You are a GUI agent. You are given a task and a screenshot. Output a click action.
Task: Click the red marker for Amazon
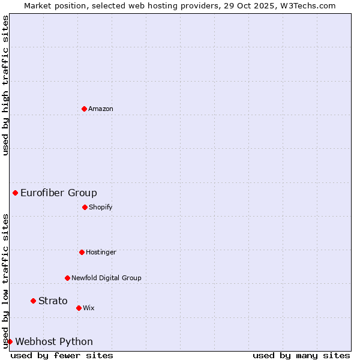click(x=84, y=109)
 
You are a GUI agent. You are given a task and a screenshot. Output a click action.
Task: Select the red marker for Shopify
click(x=85, y=207)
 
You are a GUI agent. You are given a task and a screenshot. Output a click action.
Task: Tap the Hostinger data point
click(x=82, y=252)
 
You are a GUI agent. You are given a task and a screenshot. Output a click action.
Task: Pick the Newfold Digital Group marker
click(x=67, y=278)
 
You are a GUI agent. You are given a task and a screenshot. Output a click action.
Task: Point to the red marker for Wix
click(x=79, y=308)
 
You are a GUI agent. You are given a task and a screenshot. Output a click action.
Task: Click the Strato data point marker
click(x=34, y=301)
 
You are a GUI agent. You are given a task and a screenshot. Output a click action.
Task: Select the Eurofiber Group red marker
click(x=16, y=193)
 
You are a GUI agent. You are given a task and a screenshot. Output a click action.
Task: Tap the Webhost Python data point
click(x=10, y=341)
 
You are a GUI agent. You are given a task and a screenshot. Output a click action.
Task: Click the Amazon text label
click(x=101, y=109)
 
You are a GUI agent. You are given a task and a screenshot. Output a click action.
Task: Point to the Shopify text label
click(x=101, y=207)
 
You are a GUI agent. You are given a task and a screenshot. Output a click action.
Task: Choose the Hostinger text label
click(x=101, y=252)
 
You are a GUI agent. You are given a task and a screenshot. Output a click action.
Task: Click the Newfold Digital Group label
click(x=106, y=278)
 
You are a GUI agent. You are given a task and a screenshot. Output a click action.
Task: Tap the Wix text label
click(x=89, y=308)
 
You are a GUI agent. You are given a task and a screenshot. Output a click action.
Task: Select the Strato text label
click(x=53, y=301)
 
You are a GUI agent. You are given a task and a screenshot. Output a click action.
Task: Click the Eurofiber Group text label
click(x=59, y=193)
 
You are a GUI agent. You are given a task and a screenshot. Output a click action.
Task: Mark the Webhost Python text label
click(x=54, y=341)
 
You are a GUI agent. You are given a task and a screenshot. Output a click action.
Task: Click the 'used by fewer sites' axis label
click(x=62, y=355)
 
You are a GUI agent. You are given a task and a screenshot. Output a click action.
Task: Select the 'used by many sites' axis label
click(x=301, y=355)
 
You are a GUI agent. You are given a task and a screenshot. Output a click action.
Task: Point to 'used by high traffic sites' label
click(x=5, y=85)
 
